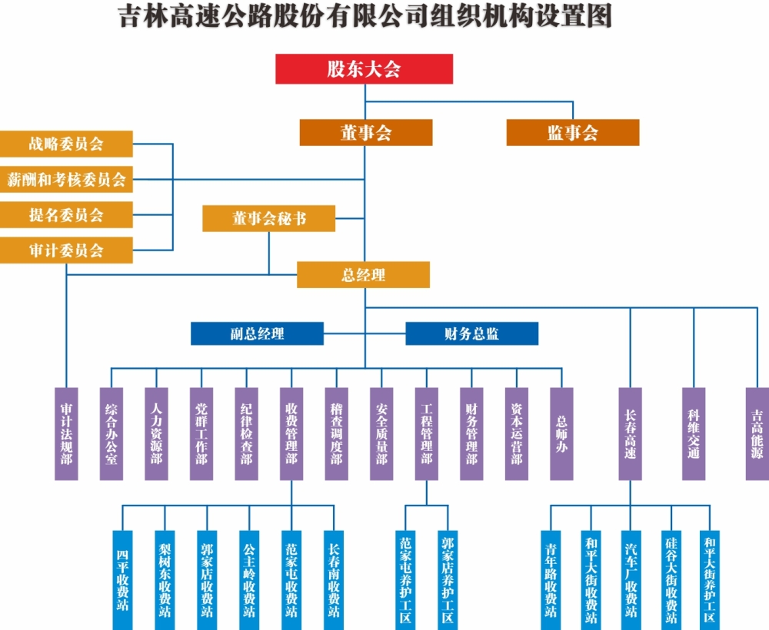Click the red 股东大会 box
pos(364,69)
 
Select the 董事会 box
pos(366,133)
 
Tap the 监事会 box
pos(572,133)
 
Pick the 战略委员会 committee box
pos(66,144)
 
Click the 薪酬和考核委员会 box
pos(66,180)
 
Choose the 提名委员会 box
pos(66,215)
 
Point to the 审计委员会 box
pos(66,250)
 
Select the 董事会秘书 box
pos(269,218)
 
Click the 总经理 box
pos(363,275)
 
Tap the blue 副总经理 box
pos(257,333)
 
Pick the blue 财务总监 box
pos(471,333)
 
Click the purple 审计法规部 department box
pos(67,434)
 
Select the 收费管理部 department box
pos(291,434)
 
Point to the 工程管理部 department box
pos(427,434)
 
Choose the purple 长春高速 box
pos(631,434)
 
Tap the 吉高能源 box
pos(757,434)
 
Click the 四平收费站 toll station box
pos(123,579)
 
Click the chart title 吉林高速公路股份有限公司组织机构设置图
pos(365,17)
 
